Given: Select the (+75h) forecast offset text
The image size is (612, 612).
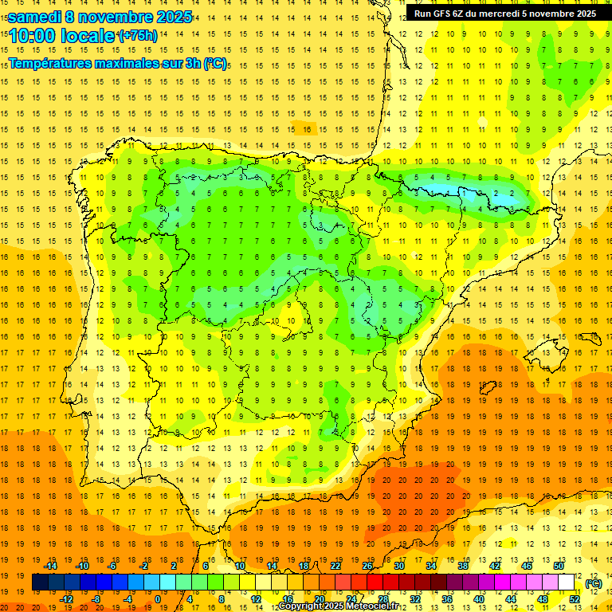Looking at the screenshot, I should (x=138, y=36).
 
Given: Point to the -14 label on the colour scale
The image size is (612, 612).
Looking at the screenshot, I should (x=51, y=566).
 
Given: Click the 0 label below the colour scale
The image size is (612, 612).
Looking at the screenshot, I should (x=158, y=599).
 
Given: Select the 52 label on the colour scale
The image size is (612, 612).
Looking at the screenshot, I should (x=575, y=599).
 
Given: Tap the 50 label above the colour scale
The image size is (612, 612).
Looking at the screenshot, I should (x=559, y=566).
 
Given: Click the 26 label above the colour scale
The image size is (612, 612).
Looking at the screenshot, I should (x=367, y=566).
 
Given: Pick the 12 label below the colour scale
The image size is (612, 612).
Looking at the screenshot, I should (x=257, y=599).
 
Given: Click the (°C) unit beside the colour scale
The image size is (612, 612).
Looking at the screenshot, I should (x=594, y=583).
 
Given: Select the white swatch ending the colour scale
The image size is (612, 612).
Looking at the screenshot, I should (x=567, y=583).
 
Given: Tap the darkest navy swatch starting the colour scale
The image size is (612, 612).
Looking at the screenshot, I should (x=40, y=583).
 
